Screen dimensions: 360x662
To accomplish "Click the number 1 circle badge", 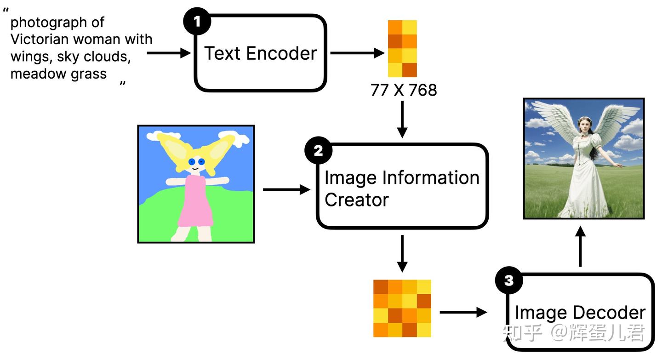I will click(x=197, y=21).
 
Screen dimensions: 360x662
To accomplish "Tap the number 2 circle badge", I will click(x=318, y=151).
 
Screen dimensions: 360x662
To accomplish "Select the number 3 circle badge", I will click(x=509, y=280).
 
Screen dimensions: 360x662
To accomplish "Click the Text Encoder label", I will click(x=261, y=53).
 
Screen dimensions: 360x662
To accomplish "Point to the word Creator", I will click(x=356, y=200).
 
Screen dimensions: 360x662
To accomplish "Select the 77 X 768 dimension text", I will click(x=404, y=90).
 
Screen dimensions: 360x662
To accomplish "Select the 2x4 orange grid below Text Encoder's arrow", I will click(x=402, y=49).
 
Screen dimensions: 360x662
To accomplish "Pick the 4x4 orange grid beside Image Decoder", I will click(x=402, y=308).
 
